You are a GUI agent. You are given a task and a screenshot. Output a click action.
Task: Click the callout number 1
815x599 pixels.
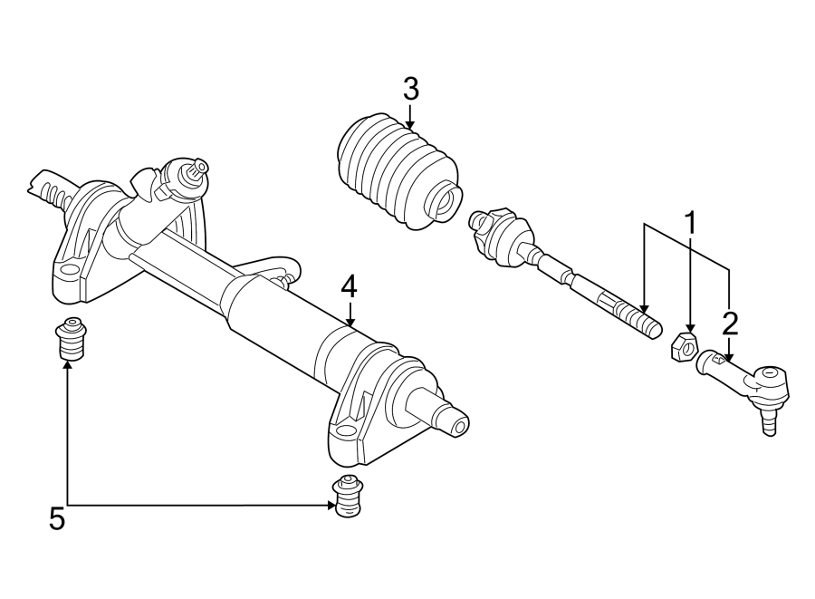(x=691, y=222)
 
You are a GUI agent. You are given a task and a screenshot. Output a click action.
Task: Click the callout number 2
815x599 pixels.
(x=730, y=323)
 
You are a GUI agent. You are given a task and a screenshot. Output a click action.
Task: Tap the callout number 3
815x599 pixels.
(x=410, y=90)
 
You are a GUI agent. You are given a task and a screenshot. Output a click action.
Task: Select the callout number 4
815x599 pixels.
(x=350, y=287)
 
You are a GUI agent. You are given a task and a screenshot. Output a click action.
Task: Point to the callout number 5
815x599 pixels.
(x=57, y=519)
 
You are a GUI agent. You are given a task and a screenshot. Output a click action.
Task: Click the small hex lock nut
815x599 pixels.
(x=685, y=346)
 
